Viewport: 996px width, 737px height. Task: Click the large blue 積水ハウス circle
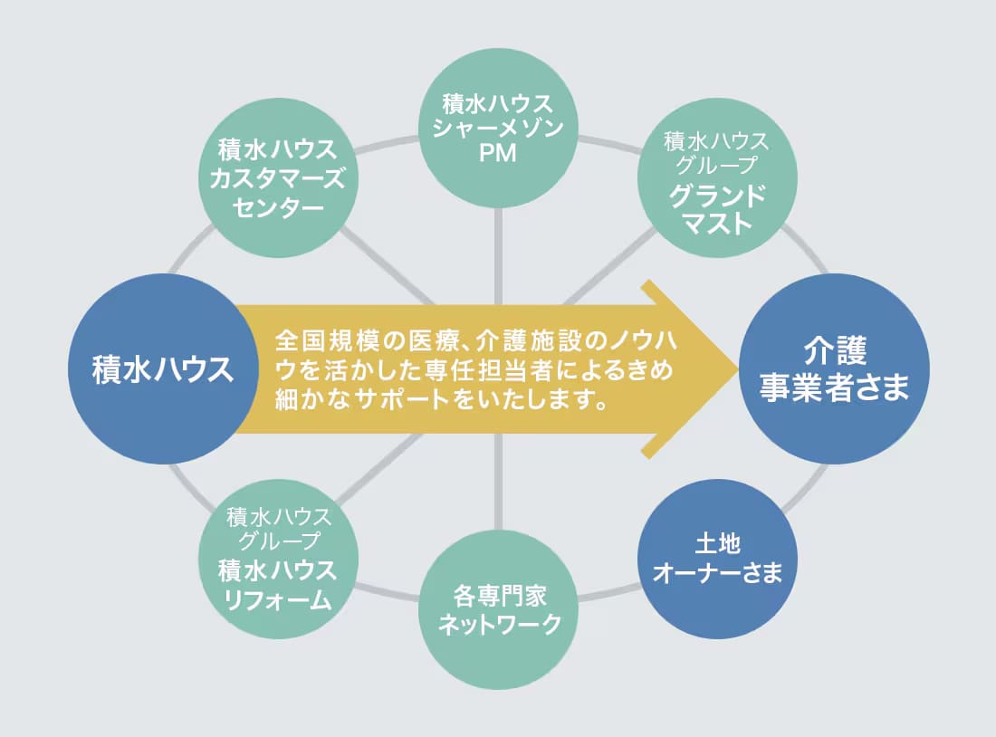(163, 369)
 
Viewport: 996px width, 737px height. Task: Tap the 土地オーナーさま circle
(717, 560)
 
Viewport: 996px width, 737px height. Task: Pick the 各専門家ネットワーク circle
(499, 610)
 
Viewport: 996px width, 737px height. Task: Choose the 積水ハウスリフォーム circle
(278, 560)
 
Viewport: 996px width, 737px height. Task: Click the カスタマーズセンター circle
(278, 177)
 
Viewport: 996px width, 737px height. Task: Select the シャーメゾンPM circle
(499, 128)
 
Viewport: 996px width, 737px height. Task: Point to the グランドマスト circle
(717, 177)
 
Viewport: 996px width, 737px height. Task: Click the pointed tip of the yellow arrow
(737, 369)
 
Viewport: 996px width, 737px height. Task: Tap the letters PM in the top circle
(497, 153)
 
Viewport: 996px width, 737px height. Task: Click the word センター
(278, 207)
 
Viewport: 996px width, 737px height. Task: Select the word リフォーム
(278, 599)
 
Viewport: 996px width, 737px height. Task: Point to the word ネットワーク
(500, 624)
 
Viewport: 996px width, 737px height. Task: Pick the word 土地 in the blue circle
(718, 544)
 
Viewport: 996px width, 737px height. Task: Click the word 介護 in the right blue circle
(836, 350)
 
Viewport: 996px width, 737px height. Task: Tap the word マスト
(718, 224)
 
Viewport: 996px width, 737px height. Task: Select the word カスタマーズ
(278, 178)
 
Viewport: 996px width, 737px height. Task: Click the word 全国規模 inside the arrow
(327, 341)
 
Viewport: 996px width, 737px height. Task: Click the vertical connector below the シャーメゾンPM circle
(499, 256)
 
